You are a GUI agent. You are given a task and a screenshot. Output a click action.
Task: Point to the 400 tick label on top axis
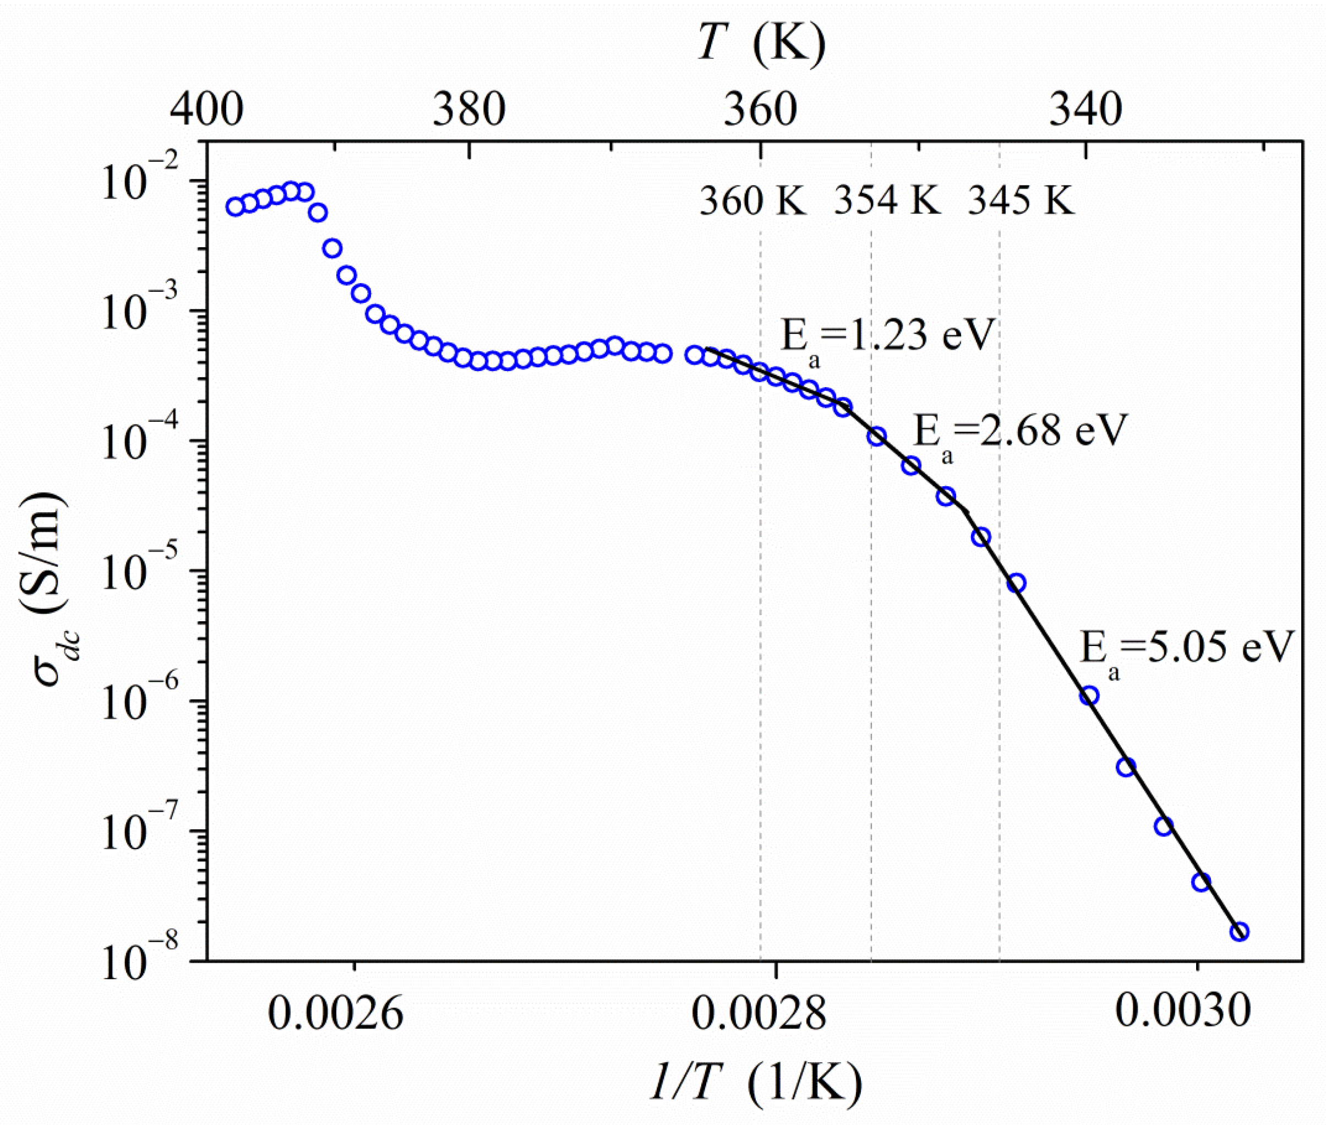point(206,109)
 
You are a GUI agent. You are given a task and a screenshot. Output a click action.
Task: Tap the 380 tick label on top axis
point(469,109)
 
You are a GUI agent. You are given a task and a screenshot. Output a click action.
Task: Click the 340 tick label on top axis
point(1085,109)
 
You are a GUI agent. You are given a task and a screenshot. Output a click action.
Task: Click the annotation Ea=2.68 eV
point(1020,434)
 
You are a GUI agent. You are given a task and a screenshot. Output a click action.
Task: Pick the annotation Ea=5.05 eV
point(1186,650)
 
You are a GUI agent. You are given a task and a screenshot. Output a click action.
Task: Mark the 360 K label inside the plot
point(753,201)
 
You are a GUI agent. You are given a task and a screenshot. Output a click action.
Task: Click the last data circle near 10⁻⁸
point(1238,932)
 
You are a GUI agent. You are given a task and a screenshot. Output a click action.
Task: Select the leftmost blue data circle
point(235,206)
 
